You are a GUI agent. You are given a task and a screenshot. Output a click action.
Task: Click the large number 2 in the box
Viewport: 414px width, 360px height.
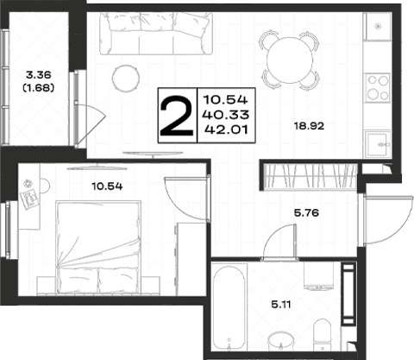(177, 116)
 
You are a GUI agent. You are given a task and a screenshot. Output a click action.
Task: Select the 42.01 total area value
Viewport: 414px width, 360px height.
(226, 129)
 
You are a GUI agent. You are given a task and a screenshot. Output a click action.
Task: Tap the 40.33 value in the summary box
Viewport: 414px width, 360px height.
(225, 115)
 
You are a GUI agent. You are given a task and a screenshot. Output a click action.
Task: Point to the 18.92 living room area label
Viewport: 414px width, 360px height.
(309, 126)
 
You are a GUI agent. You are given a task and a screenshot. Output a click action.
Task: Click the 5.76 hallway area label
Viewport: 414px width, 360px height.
(306, 213)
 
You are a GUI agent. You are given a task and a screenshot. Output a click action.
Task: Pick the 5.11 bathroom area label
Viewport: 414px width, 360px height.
(281, 304)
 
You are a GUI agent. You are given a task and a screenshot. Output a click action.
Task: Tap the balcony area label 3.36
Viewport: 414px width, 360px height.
(38, 75)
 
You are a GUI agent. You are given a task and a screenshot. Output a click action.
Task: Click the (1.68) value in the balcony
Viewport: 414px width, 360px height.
(38, 87)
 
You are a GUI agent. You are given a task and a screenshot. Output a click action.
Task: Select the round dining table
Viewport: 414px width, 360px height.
(290, 60)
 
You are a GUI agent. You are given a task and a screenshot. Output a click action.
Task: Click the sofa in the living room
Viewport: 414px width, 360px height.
(156, 34)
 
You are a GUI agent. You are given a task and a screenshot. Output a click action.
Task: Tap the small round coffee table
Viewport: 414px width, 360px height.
(126, 78)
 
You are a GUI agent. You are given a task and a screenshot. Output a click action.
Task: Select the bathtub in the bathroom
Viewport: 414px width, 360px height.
(229, 307)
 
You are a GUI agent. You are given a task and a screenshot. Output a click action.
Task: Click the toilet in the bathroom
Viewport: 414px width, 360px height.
(323, 335)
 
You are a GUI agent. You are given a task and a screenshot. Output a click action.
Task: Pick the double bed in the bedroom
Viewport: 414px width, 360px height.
(98, 248)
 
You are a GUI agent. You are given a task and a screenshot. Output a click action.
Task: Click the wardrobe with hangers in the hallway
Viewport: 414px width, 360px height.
(310, 177)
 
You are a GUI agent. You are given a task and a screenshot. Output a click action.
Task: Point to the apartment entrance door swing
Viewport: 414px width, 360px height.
(389, 220)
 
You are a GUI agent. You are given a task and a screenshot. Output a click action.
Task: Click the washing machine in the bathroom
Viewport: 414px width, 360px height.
(318, 275)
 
